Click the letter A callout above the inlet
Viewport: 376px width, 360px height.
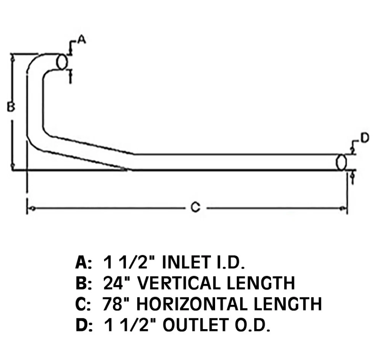(x=81, y=40)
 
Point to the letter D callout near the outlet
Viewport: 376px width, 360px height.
(x=364, y=138)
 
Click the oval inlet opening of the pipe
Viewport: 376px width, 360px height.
(x=62, y=61)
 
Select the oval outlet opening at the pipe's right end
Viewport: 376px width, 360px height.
(x=341, y=162)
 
